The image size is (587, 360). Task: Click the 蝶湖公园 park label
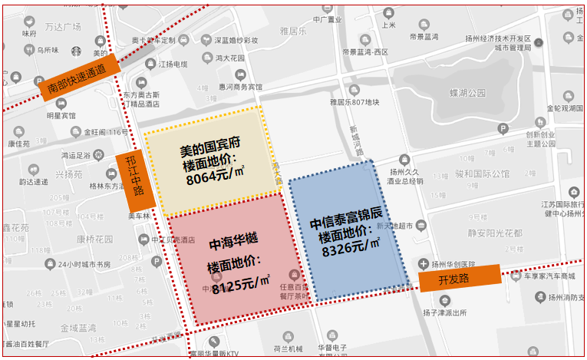tap(467, 93)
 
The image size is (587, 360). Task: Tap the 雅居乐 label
tap(294, 31)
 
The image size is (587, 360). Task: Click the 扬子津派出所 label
tap(440, 312)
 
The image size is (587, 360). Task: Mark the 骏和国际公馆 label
tap(482, 174)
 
